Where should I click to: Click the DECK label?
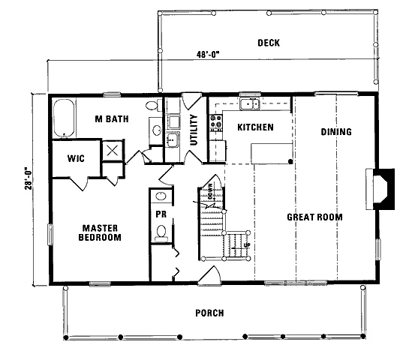click(x=269, y=43)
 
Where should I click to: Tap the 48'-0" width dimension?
click(x=208, y=55)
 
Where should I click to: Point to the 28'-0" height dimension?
click(x=29, y=179)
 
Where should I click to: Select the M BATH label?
click(x=112, y=119)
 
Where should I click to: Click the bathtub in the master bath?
click(x=65, y=118)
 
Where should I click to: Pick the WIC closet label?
click(x=76, y=158)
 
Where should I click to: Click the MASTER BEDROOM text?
click(x=100, y=233)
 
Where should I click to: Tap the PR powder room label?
click(x=161, y=214)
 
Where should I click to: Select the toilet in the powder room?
click(x=161, y=232)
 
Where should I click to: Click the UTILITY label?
click(x=194, y=130)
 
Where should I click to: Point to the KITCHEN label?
click(x=255, y=127)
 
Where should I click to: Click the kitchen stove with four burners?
click(x=216, y=123)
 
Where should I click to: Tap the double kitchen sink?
click(x=250, y=104)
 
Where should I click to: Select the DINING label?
click(x=336, y=132)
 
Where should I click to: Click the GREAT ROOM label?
click(x=314, y=217)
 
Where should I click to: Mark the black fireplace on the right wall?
click(x=383, y=189)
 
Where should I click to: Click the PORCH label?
click(x=209, y=313)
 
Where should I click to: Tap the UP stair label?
click(x=247, y=245)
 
